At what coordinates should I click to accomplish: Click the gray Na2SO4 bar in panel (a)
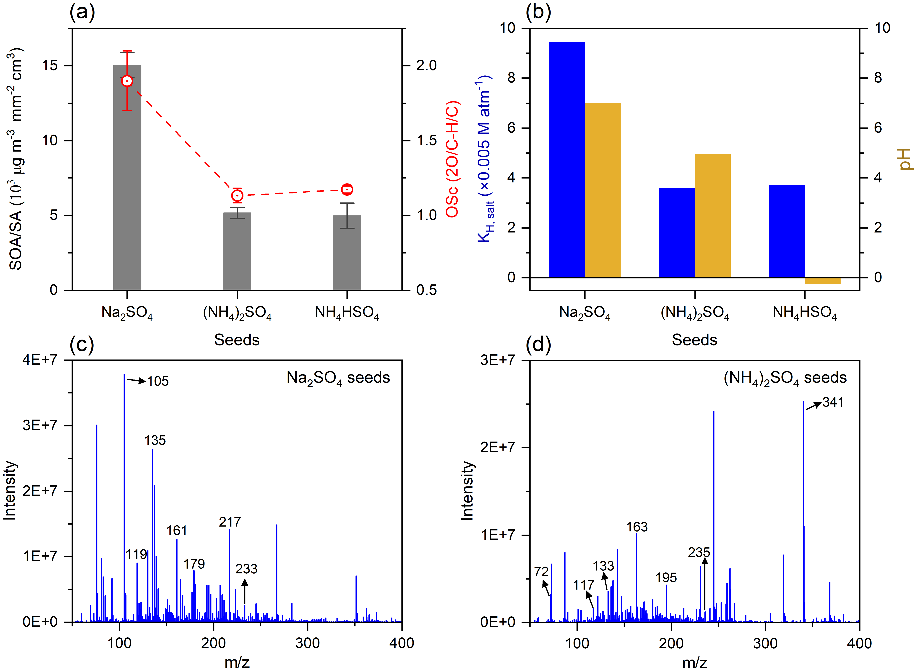pos(127,183)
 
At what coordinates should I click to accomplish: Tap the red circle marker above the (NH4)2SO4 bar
pos(237,196)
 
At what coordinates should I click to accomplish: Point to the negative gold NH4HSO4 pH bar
pos(822,281)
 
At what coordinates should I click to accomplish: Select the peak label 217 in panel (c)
pos(230,522)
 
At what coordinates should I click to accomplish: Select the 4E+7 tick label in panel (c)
pos(40,360)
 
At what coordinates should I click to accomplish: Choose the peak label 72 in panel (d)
pos(541,572)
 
